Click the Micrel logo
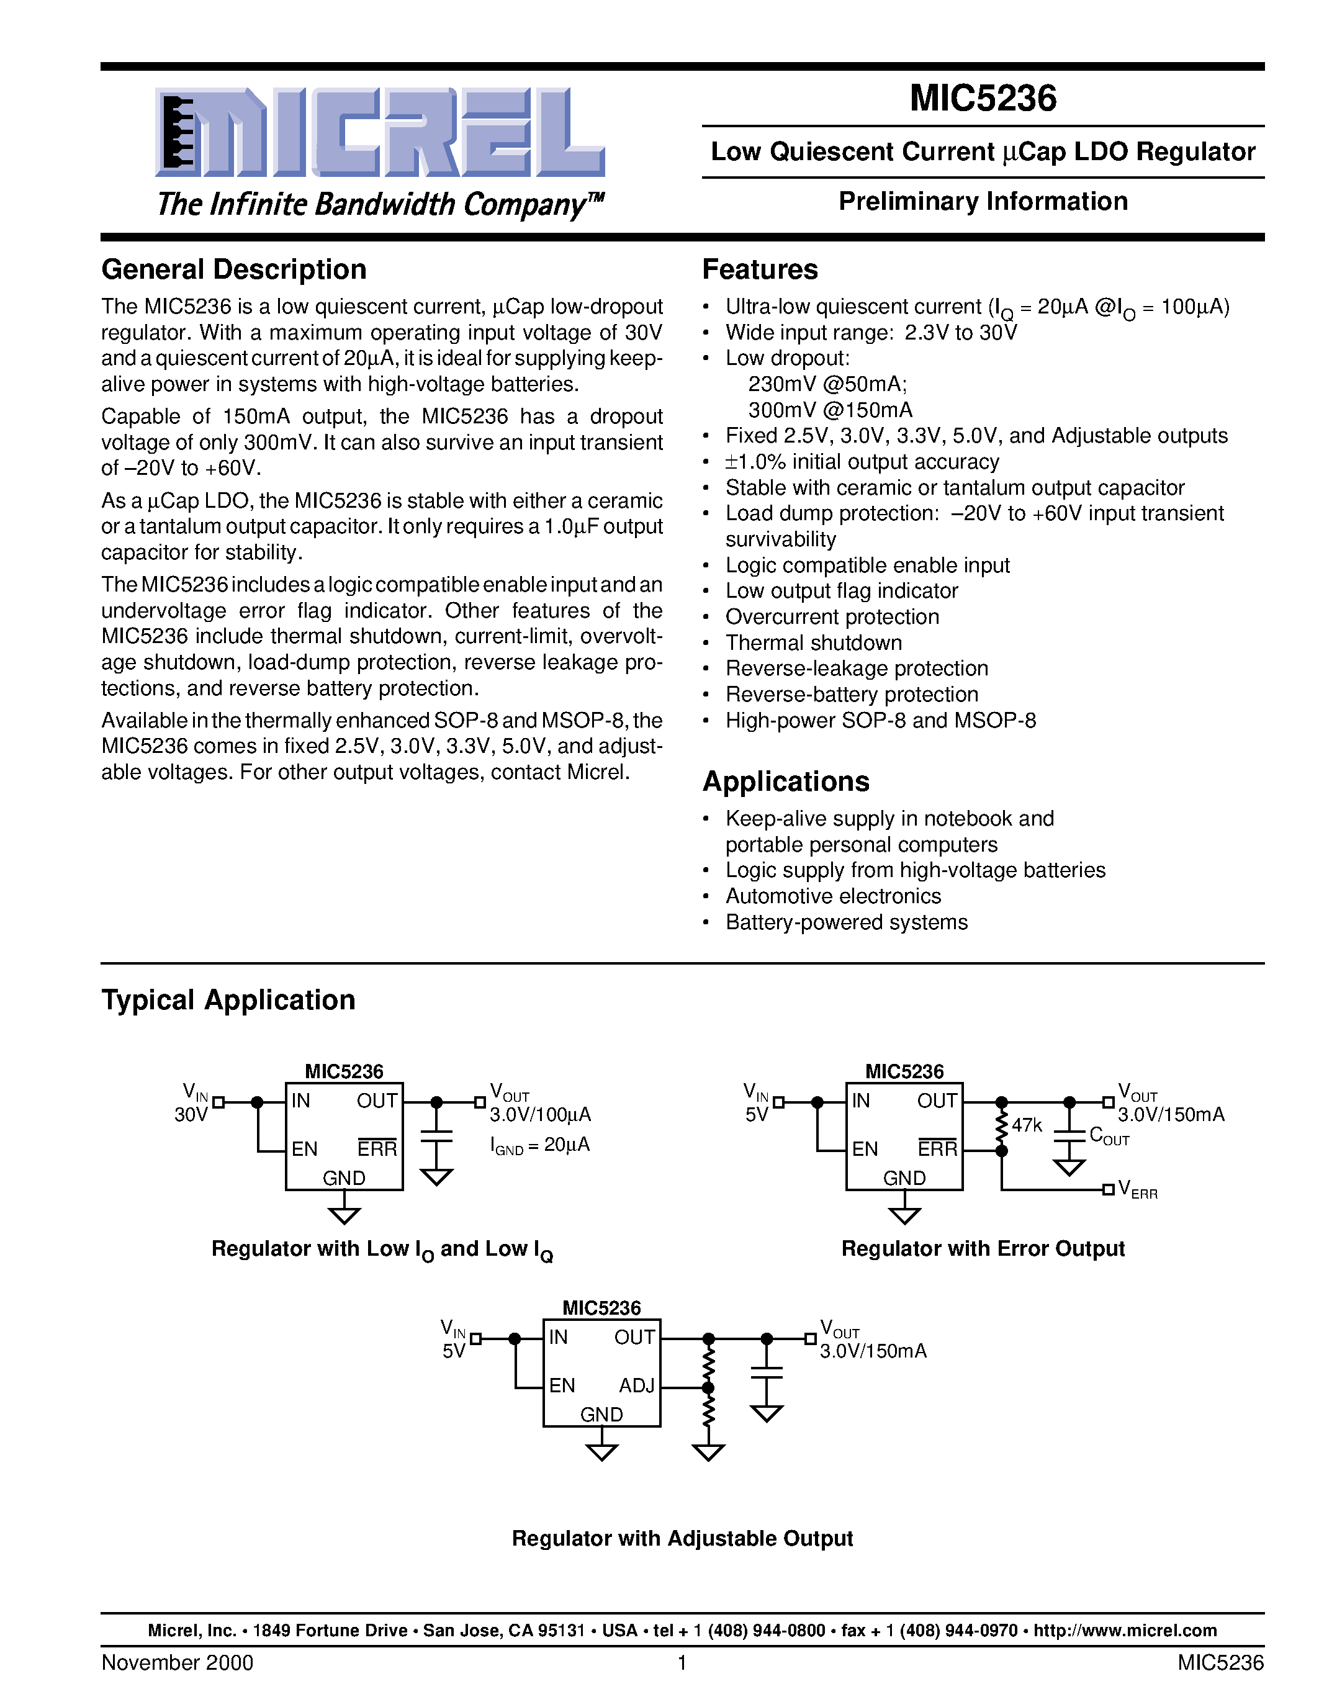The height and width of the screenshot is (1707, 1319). click(380, 133)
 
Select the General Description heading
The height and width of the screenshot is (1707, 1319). click(233, 269)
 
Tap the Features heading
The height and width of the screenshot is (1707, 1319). click(760, 269)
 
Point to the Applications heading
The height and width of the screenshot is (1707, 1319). click(785, 781)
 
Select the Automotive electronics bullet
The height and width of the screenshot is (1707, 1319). click(832, 896)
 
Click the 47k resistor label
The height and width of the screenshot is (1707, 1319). click(1027, 1125)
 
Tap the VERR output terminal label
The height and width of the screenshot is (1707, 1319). click(1138, 1189)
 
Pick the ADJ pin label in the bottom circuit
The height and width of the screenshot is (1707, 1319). click(637, 1385)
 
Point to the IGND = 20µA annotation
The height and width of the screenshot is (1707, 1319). click(539, 1145)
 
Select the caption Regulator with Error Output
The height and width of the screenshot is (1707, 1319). click(982, 1249)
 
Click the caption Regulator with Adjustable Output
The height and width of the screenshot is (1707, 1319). click(682, 1538)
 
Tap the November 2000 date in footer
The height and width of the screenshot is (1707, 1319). click(178, 1662)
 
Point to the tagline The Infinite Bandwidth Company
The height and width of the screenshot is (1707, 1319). click(380, 204)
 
